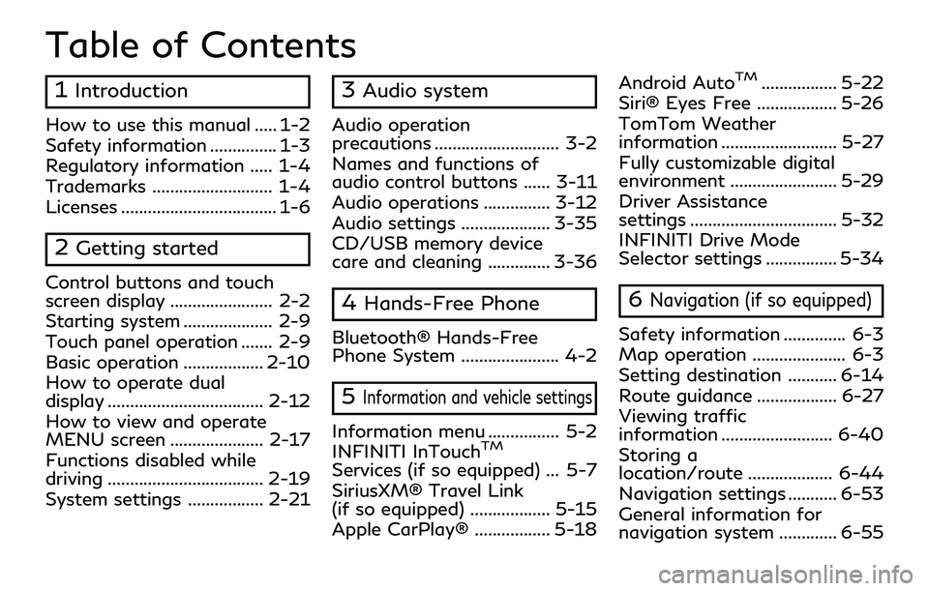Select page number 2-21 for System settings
pos(289,500)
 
